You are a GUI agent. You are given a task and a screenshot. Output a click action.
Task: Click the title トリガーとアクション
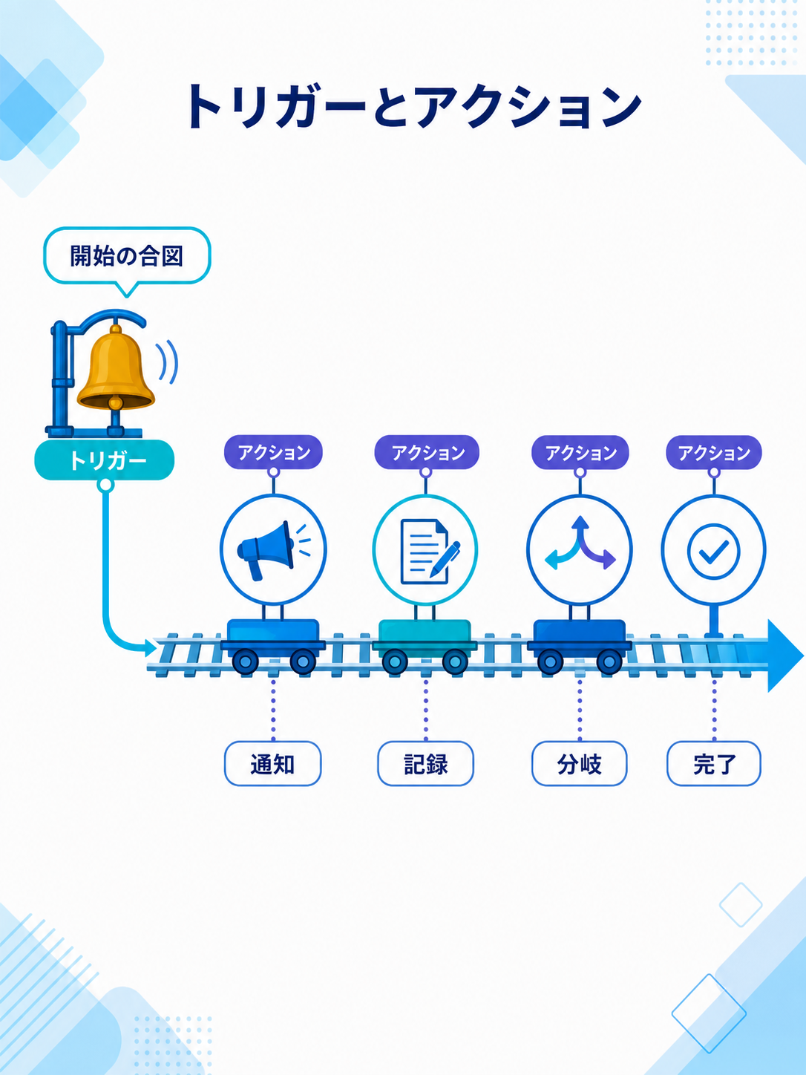pos(413,106)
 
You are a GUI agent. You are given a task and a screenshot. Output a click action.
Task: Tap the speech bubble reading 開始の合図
pos(127,256)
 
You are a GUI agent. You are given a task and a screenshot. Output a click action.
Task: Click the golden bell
pos(116,367)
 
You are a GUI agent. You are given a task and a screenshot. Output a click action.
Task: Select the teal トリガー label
pos(104,460)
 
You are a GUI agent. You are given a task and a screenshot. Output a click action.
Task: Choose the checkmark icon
pos(713,551)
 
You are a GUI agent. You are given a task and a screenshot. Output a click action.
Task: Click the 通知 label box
pos(272,763)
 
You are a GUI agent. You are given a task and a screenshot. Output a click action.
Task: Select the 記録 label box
pos(425,763)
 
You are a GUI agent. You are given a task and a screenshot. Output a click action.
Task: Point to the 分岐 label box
pos(580,763)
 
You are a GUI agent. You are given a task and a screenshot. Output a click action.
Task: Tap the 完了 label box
pos(714,763)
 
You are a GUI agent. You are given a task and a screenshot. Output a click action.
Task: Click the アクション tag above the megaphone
pos(274,452)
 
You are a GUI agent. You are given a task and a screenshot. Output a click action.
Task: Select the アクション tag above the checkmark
pos(714,452)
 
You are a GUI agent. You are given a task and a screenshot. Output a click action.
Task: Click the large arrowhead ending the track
pos(784,656)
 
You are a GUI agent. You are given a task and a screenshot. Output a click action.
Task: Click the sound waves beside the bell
pos(168,362)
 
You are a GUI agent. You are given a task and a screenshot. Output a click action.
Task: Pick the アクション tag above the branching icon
pos(580,452)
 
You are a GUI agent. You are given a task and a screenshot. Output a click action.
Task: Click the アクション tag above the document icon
pos(427,452)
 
